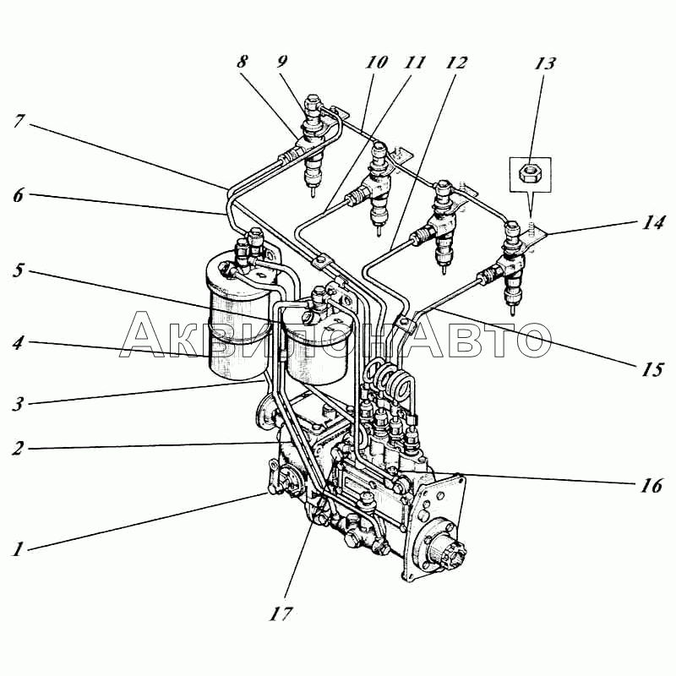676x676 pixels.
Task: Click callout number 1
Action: coord(17,549)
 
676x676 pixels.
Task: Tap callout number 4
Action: coord(18,343)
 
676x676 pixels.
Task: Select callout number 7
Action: coord(18,121)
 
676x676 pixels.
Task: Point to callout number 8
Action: coord(243,61)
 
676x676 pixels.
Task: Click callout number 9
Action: coord(281,61)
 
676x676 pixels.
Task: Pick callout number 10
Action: coord(376,62)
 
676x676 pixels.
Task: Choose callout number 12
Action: coord(456,63)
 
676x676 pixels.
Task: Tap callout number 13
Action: coord(544,63)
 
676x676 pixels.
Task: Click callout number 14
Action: coord(651,223)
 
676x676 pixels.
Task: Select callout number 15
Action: coord(651,369)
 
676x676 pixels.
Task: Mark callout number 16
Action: coord(651,486)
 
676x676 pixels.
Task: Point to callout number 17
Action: coord(281,614)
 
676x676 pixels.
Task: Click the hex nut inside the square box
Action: coord(531,173)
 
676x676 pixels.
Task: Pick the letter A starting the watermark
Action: coord(145,335)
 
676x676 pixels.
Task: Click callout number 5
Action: coord(18,270)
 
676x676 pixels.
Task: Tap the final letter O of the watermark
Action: coord(527,340)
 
